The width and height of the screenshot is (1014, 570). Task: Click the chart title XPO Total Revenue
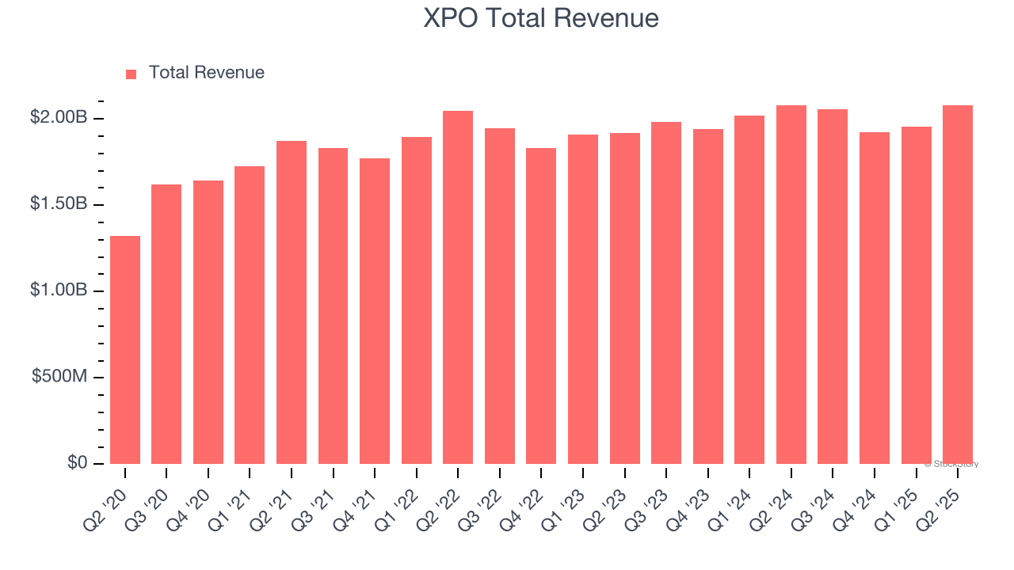[541, 18]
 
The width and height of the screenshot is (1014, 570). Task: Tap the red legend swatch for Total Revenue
[132, 74]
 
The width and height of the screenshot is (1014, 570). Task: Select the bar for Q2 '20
[125, 350]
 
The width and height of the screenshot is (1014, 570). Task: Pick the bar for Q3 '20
[166, 325]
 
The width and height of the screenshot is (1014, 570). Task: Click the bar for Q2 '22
[458, 287]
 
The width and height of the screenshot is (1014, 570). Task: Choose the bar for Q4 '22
[541, 306]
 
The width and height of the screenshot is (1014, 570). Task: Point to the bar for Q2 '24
[791, 285]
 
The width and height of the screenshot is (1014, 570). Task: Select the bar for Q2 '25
[958, 285]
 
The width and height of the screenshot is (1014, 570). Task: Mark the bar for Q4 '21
[375, 311]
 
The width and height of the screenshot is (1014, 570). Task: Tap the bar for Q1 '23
[583, 299]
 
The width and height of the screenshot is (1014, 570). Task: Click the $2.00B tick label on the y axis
[59, 118]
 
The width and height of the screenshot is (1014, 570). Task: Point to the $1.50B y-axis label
[59, 204]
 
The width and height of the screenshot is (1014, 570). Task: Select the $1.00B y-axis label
[59, 291]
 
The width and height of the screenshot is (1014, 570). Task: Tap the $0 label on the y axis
[76, 463]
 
